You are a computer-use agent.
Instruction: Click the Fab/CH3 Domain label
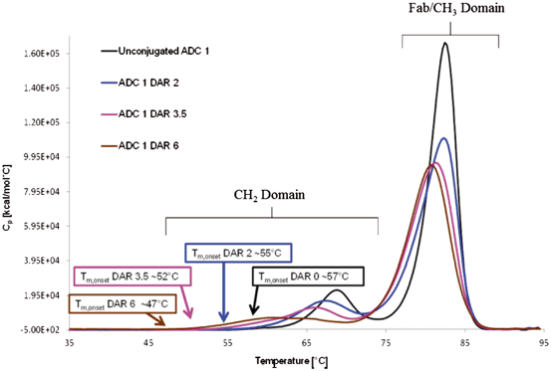click(450, 9)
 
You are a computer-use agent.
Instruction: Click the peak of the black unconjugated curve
click(445, 43)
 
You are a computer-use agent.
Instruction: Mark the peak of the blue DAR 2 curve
click(442, 138)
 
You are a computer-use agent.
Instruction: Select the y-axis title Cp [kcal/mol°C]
click(9, 189)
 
